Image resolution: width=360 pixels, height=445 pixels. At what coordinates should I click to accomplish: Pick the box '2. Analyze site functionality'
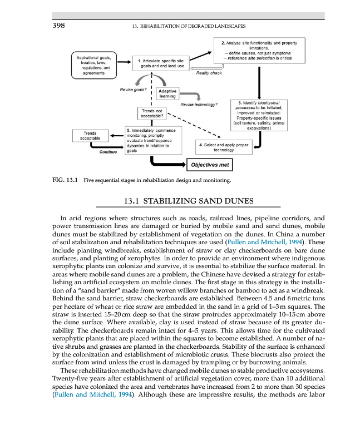coord(259,50)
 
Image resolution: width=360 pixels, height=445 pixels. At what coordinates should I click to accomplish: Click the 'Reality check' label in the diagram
coord(209,73)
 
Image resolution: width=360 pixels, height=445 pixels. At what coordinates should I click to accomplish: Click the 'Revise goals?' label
coord(133,89)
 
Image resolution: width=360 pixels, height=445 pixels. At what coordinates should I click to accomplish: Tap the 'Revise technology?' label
coord(199,104)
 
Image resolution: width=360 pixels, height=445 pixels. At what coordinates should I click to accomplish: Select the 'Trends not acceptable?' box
coord(151,113)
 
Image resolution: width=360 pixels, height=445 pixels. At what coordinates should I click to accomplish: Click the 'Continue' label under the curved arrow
coord(107,152)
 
